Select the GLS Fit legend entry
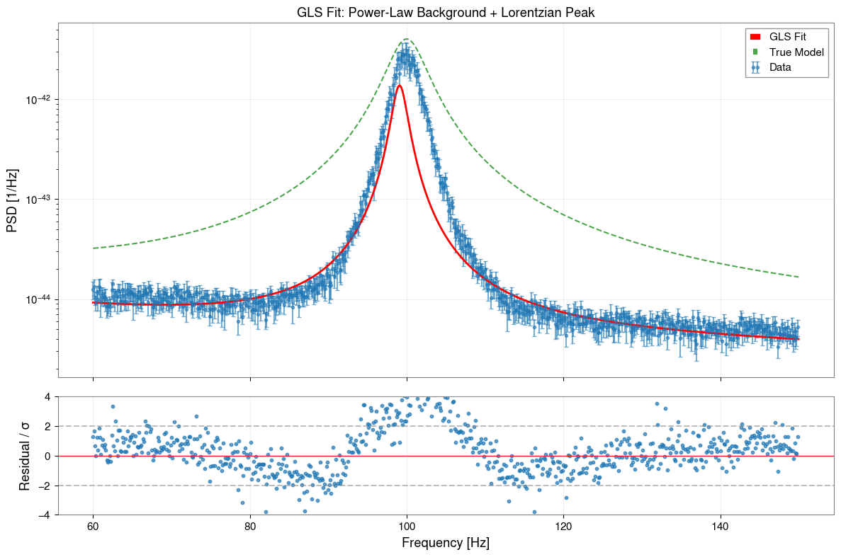point(787,36)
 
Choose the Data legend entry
point(780,67)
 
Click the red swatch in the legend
point(755,36)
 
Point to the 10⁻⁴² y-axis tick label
point(36,100)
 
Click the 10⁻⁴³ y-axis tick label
point(36,200)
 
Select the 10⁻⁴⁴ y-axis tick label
point(36,300)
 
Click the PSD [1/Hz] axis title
point(12,200)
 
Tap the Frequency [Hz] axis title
point(445,543)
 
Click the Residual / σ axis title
point(25,455)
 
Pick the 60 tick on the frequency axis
point(93,527)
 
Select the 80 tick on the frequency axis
point(250,527)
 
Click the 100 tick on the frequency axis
point(407,527)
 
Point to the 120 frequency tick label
point(564,527)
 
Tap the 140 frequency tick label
point(721,527)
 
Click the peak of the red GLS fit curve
point(400,86)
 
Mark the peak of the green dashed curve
point(407,39)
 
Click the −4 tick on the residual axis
point(45,515)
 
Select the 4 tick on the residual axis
point(47,396)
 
